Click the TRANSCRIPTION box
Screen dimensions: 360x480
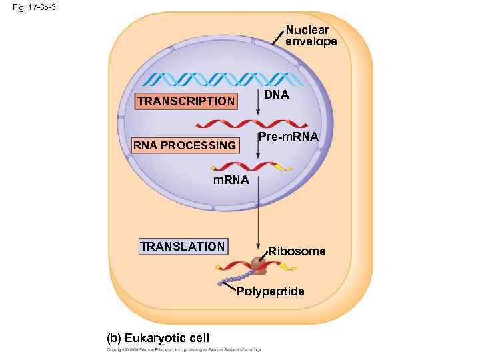tap(186, 101)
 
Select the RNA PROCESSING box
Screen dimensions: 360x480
tap(185, 145)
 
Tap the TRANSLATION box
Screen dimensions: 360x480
tap(183, 247)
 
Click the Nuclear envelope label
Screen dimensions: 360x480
tap(311, 36)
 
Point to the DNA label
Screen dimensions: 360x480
tap(276, 95)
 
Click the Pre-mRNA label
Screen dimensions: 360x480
tap(289, 137)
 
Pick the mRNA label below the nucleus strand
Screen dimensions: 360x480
tap(231, 181)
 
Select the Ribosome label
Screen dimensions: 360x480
tap(297, 251)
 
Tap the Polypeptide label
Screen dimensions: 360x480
tap(271, 292)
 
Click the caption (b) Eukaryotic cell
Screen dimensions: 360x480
tap(158, 337)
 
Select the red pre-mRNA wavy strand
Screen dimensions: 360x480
tap(251, 124)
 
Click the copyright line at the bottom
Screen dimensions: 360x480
tap(184, 349)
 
